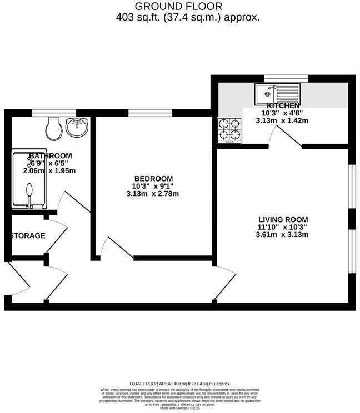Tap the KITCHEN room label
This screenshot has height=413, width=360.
point(283,105)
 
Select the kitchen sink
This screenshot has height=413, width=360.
point(277,94)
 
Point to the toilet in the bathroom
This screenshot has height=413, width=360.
point(54,128)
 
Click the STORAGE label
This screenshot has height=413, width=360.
point(28,236)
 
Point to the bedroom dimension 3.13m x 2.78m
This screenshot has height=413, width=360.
point(153,194)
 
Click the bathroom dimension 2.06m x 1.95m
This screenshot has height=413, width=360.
point(49,171)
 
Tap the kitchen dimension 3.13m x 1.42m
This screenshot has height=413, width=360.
point(282,120)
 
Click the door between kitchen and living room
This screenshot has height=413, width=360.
point(285,136)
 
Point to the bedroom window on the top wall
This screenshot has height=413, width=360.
point(145,113)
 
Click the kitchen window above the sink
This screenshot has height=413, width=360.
point(278,78)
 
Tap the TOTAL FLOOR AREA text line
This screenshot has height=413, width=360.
point(179,384)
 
